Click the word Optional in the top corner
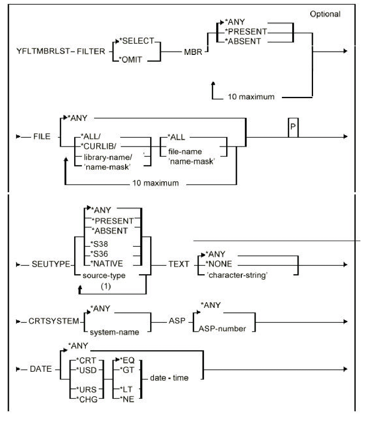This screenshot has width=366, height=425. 325,14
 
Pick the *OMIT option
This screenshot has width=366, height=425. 132,60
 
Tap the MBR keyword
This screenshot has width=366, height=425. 193,52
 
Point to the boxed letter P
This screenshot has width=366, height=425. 293,127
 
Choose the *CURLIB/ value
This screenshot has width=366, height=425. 98,146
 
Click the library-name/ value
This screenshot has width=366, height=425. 108,157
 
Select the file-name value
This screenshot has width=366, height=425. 185,152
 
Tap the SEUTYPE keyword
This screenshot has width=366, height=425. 51,264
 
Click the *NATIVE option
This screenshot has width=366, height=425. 107,264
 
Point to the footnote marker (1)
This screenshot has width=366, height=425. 106,286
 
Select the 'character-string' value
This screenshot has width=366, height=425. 237,275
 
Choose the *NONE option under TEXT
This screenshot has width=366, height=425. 219,264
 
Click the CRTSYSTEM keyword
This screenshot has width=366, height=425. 54,321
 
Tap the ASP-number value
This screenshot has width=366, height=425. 222,329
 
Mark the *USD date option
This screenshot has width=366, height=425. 86,370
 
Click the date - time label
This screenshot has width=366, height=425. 169,378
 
